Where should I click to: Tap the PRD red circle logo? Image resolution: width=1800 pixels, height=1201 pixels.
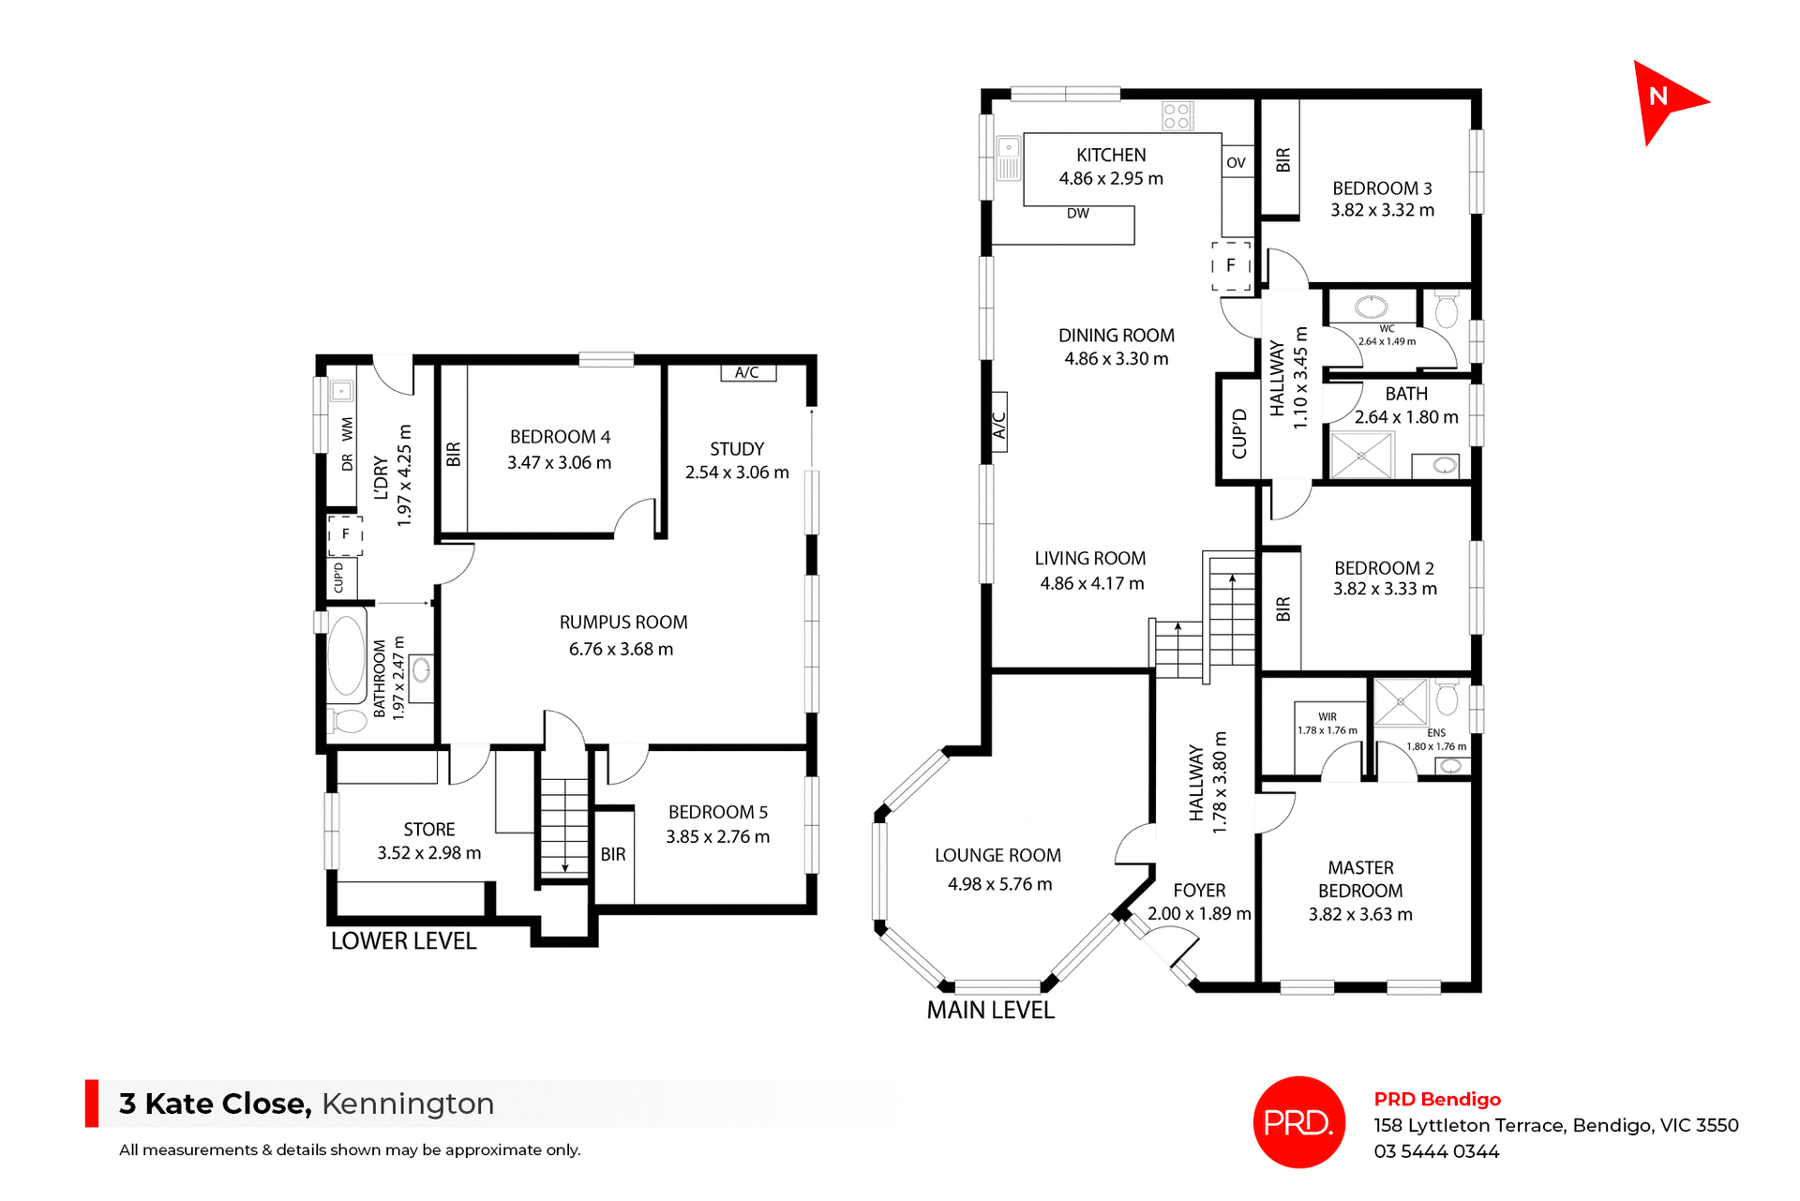[1298, 1121]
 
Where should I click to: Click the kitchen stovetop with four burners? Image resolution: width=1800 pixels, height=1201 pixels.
[1177, 116]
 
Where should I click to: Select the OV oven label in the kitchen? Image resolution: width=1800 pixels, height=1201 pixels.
[1236, 163]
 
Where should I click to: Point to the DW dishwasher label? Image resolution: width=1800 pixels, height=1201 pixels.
[1077, 214]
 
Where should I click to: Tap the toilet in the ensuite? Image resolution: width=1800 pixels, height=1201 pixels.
[1447, 698]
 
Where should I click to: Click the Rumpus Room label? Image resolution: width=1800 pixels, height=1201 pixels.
[622, 623]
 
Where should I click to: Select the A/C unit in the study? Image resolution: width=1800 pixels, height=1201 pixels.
[747, 373]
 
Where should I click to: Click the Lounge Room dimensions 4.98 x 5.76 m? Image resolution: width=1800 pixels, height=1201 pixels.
[999, 884]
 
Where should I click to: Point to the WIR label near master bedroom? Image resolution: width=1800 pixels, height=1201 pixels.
[1327, 717]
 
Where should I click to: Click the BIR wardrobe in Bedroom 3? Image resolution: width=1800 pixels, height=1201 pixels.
[1282, 159]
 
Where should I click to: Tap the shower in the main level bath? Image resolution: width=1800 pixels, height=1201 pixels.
[1361, 455]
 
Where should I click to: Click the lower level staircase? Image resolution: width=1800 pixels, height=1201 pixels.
[564, 825]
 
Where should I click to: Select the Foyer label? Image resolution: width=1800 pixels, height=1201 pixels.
[1199, 891]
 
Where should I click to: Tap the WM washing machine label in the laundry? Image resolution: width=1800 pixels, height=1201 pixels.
[348, 429]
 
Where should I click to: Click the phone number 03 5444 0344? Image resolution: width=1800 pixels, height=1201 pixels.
[1436, 1151]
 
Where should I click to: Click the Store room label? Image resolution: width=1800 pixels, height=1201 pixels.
[428, 830]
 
